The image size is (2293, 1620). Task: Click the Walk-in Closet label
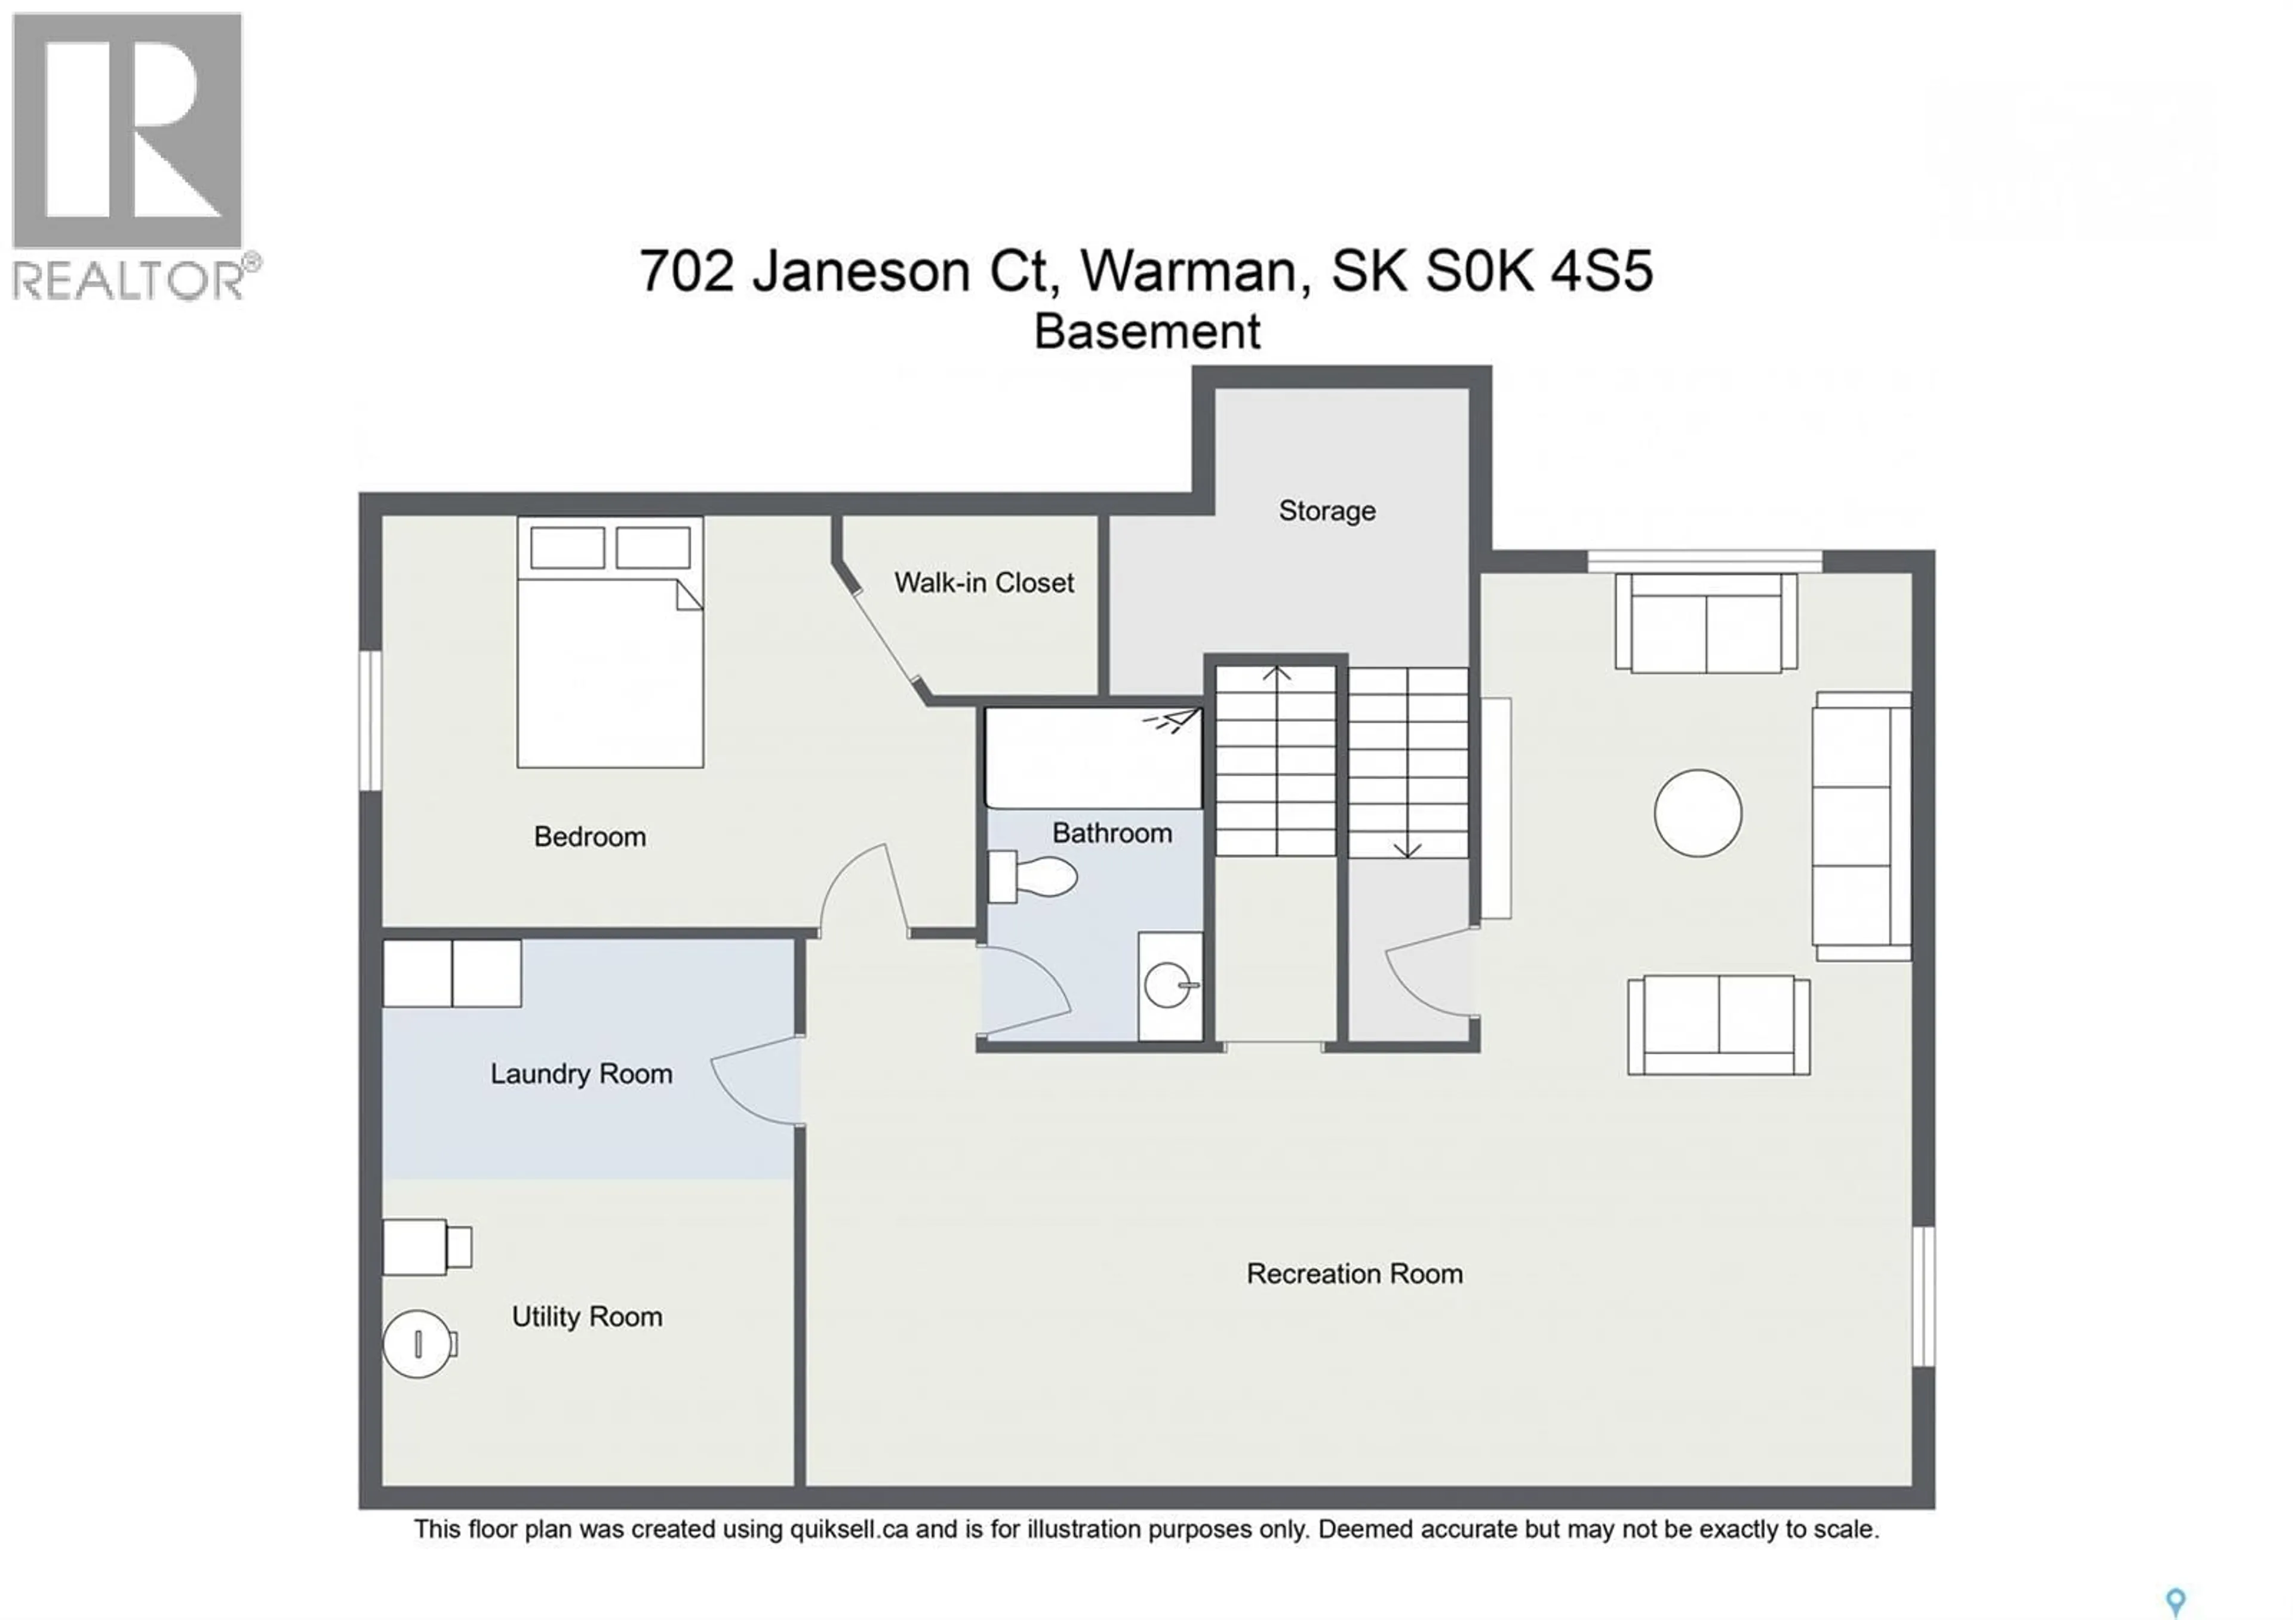pos(983,582)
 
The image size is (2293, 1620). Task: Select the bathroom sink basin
pos(1169,986)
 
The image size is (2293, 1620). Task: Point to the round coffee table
pos(1698,813)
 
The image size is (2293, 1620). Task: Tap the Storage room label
pos(1326,511)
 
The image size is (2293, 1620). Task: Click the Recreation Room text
pos(1354,1274)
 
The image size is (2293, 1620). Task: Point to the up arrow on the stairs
pos(1276,675)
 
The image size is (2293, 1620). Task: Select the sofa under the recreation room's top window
pos(1706,624)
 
